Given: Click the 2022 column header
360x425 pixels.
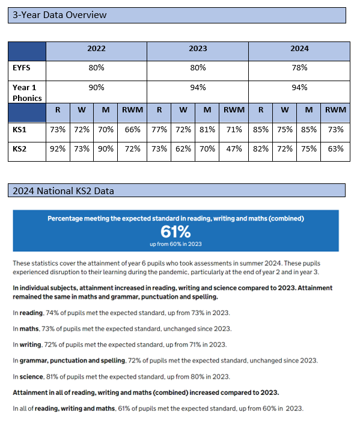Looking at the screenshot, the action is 96,49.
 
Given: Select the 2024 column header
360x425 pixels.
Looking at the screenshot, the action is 299,49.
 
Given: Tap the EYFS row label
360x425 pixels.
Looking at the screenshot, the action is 22,67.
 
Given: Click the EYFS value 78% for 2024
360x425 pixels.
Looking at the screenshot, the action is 299,67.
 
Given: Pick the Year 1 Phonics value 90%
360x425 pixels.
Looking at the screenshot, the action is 96,88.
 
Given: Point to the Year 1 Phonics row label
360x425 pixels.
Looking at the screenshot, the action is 27,93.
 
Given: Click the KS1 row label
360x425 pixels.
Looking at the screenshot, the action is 19,130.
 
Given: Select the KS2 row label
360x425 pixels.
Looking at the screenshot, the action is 19,149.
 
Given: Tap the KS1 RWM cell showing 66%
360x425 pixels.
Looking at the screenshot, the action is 132,130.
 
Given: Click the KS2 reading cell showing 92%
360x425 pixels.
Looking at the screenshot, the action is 58,149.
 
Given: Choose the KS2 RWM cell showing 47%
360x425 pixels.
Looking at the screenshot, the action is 234,149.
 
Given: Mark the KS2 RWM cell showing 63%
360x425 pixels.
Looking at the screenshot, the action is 335,149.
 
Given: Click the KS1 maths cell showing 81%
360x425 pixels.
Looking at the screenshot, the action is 207,130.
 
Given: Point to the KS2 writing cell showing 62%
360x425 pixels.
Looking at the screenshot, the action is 183,149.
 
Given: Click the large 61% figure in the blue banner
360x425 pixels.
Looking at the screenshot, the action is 175,232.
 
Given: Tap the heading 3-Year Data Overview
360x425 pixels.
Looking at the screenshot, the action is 59,15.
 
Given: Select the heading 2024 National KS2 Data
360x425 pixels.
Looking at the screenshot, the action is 63,191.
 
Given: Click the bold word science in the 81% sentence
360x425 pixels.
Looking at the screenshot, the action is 31,377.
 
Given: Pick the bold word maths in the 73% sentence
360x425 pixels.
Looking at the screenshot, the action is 29,329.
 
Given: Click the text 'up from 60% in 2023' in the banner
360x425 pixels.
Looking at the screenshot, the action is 175,244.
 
